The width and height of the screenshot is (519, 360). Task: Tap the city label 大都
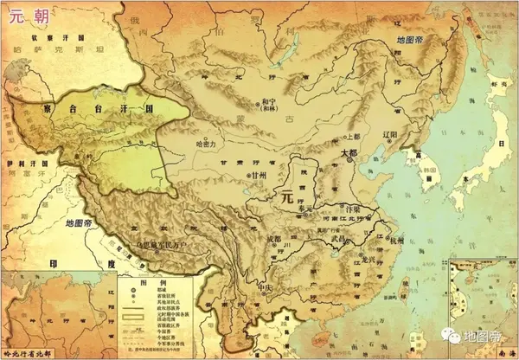(348, 151)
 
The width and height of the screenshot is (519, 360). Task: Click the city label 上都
(351, 136)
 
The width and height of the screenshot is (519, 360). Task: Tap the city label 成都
(274, 238)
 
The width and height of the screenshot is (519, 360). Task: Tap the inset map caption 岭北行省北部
(35, 351)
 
